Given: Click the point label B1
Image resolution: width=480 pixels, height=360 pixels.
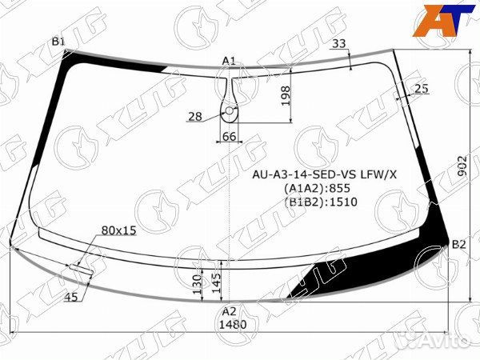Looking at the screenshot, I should [x=58, y=41].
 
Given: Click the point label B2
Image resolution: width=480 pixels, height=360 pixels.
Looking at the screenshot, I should [x=458, y=244].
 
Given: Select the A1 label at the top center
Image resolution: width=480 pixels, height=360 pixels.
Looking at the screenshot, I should [x=229, y=62].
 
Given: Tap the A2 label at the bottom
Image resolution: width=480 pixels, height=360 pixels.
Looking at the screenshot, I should [x=229, y=311].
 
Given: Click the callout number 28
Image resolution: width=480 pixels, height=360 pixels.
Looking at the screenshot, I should [x=194, y=117].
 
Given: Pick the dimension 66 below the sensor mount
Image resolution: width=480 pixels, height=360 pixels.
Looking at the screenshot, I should [x=229, y=137].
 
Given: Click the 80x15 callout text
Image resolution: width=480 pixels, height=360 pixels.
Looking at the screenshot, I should [x=119, y=230].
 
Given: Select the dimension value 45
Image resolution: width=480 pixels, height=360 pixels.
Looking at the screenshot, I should [x=70, y=298].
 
